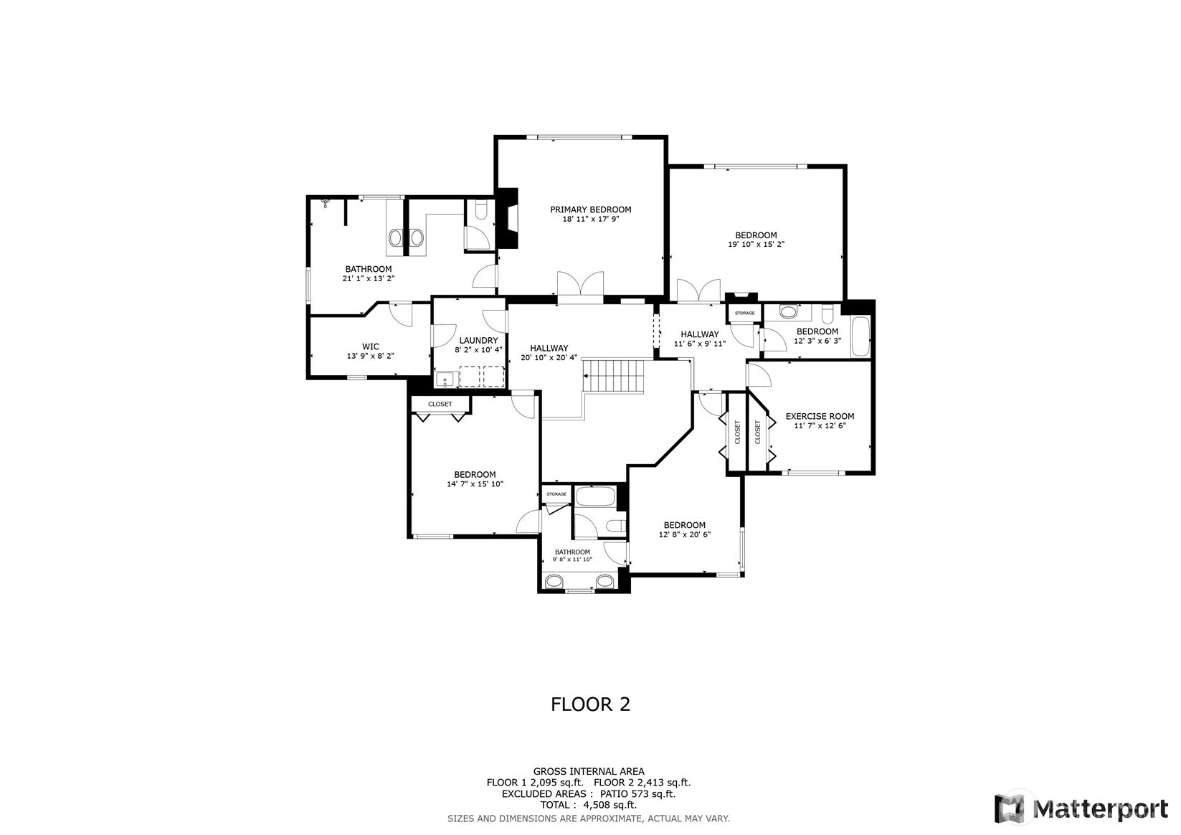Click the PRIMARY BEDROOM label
pyautogui.click(x=591, y=209)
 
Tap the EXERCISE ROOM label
pyautogui.click(x=820, y=416)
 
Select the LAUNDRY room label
pyautogui.click(x=478, y=341)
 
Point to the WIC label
pyautogui.click(x=370, y=346)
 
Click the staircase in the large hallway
pyautogui.click(x=614, y=376)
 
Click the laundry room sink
pyautogui.click(x=446, y=379)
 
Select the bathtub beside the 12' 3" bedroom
pyautogui.click(x=859, y=337)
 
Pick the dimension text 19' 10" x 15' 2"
pyautogui.click(x=756, y=244)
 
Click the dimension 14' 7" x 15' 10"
pyautogui.click(x=475, y=483)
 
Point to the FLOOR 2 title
pyautogui.click(x=591, y=704)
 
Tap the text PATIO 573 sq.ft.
pyautogui.click(x=637, y=794)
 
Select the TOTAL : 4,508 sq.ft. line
pyautogui.click(x=589, y=805)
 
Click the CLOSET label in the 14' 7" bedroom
pyautogui.click(x=440, y=404)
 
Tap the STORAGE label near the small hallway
pyautogui.click(x=744, y=313)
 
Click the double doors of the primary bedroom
pyautogui.click(x=581, y=288)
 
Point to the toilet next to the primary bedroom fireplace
pyautogui.click(x=480, y=210)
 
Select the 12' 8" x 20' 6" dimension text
pyautogui.click(x=685, y=534)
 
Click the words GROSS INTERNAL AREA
pyautogui.click(x=589, y=771)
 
